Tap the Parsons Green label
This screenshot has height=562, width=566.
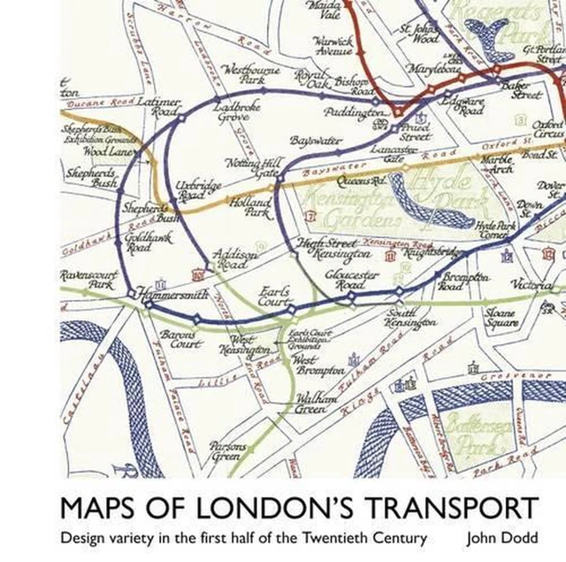coord(228,451)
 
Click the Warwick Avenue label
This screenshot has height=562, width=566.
coord(334,46)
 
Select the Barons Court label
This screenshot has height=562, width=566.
coord(180,342)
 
